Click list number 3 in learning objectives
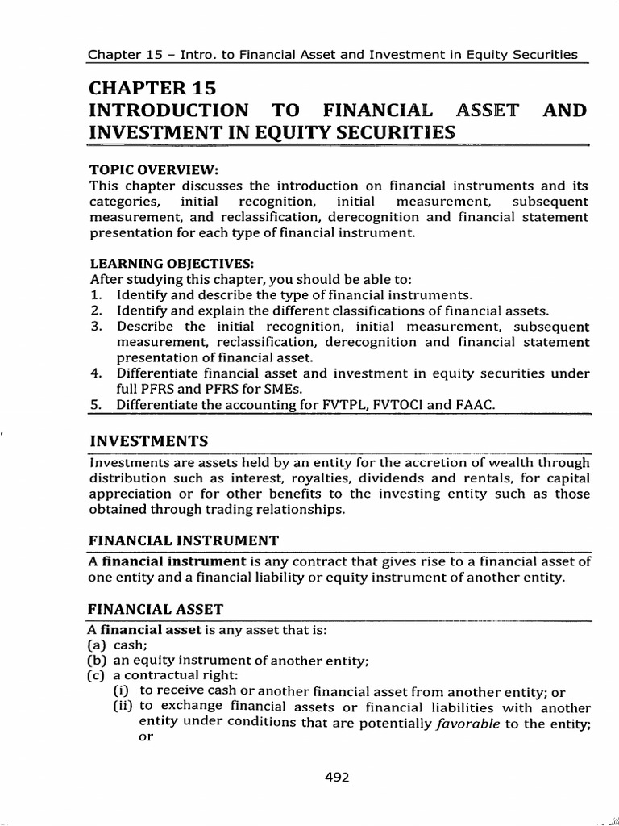pyautogui.click(x=94, y=327)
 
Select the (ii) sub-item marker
pyautogui.click(x=123, y=707)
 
